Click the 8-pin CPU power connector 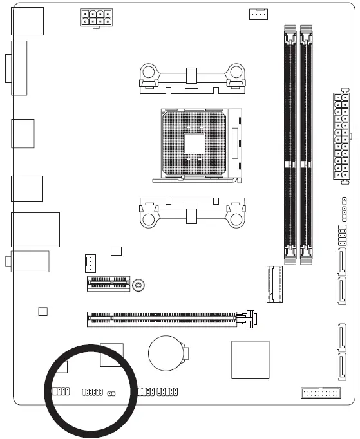pos(95,19)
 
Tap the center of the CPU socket pos(194,142)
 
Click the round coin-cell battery pos(167,353)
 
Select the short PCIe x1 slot pos(108,284)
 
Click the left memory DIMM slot pos(290,145)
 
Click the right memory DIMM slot pos(307,145)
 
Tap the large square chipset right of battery pos(250,360)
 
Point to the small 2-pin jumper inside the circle pos(111,392)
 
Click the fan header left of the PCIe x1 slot pos(90,263)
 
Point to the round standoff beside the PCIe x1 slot pos(138,284)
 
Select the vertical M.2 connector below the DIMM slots pos(274,283)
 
